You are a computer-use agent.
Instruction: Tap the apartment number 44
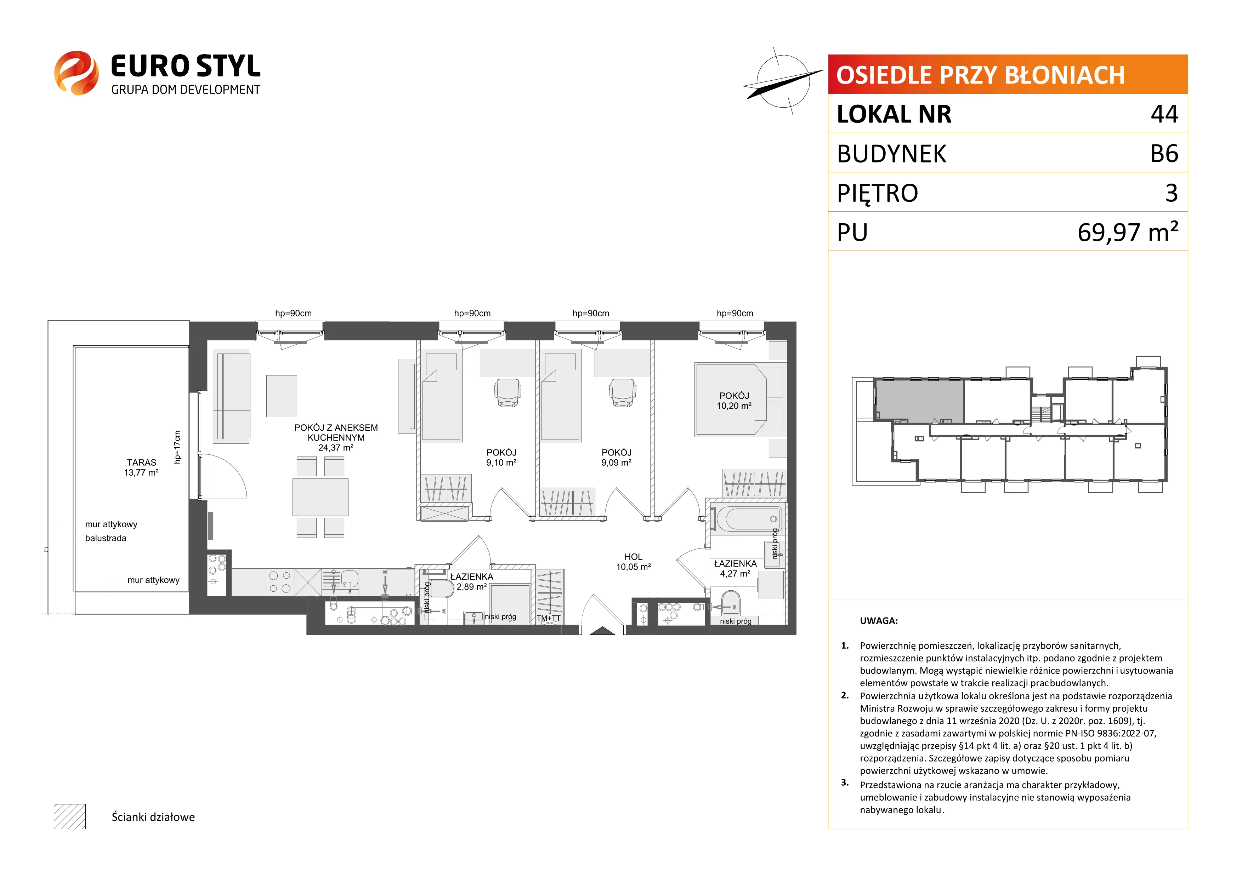click(1165, 114)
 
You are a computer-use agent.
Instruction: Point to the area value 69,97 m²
click(1128, 232)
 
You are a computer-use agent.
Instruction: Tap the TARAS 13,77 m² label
click(141, 467)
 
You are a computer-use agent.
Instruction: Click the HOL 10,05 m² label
click(634, 562)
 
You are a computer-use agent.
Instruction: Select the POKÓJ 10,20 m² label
click(734, 401)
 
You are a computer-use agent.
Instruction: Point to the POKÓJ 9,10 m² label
click(501, 457)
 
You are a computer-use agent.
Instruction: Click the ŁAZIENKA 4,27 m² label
click(735, 568)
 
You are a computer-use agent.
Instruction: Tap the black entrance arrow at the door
click(602, 631)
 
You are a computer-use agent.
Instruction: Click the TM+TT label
click(549, 618)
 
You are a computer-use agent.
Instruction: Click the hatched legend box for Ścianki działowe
click(70, 816)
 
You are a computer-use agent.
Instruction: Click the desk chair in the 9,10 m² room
click(508, 392)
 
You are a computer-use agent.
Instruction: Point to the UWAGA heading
click(879, 621)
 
